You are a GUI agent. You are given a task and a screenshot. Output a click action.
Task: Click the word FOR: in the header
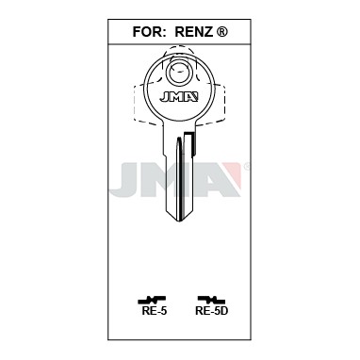tap(149, 32)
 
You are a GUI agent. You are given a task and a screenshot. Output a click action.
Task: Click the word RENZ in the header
tap(194, 32)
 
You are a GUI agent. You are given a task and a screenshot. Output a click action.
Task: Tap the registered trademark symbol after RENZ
tap(222, 31)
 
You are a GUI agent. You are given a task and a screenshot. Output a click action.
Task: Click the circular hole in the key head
tap(178, 73)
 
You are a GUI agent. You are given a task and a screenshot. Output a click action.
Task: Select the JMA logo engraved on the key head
tap(179, 97)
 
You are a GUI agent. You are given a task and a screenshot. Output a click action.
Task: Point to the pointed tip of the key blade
tap(180, 221)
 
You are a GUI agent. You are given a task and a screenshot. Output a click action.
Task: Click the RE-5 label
tap(155, 311)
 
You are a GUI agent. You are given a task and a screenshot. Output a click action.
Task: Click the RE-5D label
tap(212, 311)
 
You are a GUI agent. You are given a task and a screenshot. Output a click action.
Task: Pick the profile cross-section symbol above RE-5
tap(152, 300)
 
